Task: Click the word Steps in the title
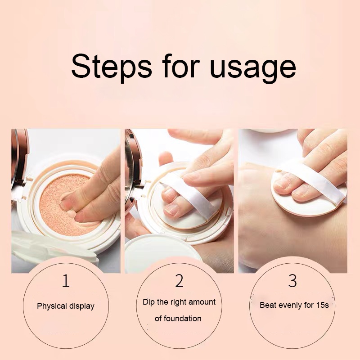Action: [x=111, y=67]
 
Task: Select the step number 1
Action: [x=66, y=281]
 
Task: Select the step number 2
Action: [x=179, y=281]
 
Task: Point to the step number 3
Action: [x=292, y=281]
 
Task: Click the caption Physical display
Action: [x=66, y=306]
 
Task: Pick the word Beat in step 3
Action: [x=268, y=305]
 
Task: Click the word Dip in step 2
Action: [x=148, y=302]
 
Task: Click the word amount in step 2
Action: [x=202, y=302]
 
